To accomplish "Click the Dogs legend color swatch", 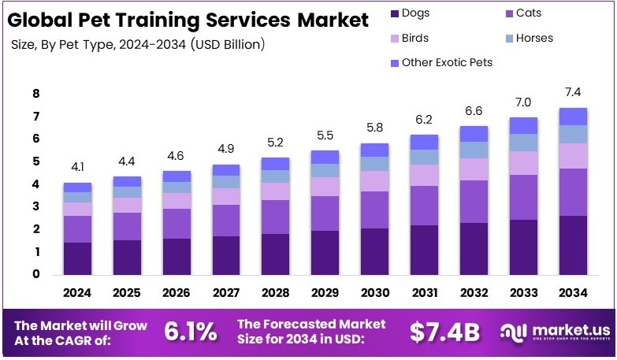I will (x=394, y=13).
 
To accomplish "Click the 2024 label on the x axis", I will (x=77, y=293).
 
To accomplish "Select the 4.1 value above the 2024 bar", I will (x=77, y=168).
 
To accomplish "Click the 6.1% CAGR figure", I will (x=190, y=332).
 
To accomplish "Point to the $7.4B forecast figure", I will (x=444, y=332).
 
